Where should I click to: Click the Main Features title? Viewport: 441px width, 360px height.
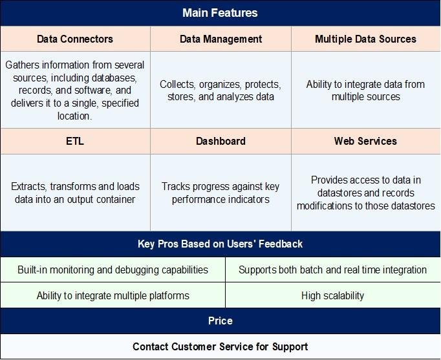pyautogui.click(x=220, y=13)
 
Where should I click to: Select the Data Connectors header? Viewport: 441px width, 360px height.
pyautogui.click(x=75, y=39)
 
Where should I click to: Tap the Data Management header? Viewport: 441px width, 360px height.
pyautogui.click(x=220, y=39)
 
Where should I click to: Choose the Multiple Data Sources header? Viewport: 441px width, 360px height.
pyautogui.click(x=365, y=39)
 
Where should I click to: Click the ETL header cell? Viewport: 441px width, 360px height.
pyautogui.click(x=75, y=141)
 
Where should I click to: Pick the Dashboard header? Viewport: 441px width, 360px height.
pyautogui.click(x=220, y=141)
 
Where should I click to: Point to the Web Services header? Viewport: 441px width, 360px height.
pyautogui.click(x=365, y=141)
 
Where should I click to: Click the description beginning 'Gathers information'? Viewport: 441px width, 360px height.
pyautogui.click(x=75, y=90)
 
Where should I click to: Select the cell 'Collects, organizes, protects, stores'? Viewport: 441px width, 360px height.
pyautogui.click(x=220, y=90)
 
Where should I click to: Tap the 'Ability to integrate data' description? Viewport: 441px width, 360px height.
pyautogui.click(x=365, y=90)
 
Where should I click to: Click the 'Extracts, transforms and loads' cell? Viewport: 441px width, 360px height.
pyautogui.click(x=75, y=193)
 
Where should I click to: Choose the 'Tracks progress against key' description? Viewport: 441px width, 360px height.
pyautogui.click(x=220, y=193)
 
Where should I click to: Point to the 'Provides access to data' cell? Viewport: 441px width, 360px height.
pyautogui.click(x=365, y=193)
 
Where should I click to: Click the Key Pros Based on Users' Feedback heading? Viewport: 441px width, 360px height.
pyautogui.click(x=220, y=244)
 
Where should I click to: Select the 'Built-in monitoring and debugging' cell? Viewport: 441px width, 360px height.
pyautogui.click(x=113, y=270)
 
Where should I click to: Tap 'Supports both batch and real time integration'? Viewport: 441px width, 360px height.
pyautogui.click(x=332, y=270)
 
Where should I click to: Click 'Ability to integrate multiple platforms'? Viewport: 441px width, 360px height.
pyautogui.click(x=113, y=295)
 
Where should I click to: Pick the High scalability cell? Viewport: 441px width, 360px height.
pyautogui.click(x=332, y=295)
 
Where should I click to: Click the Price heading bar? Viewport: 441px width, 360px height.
pyautogui.click(x=220, y=321)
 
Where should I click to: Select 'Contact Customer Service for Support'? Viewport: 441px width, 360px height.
pyautogui.click(x=220, y=346)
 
